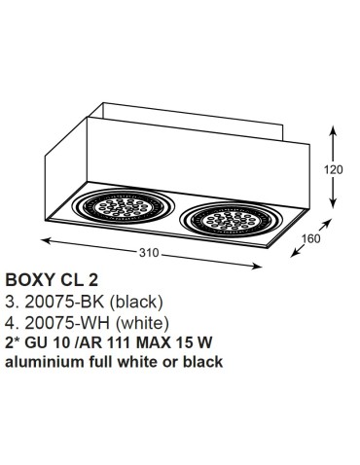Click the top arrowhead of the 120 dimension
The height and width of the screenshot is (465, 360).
[x=336, y=126]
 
